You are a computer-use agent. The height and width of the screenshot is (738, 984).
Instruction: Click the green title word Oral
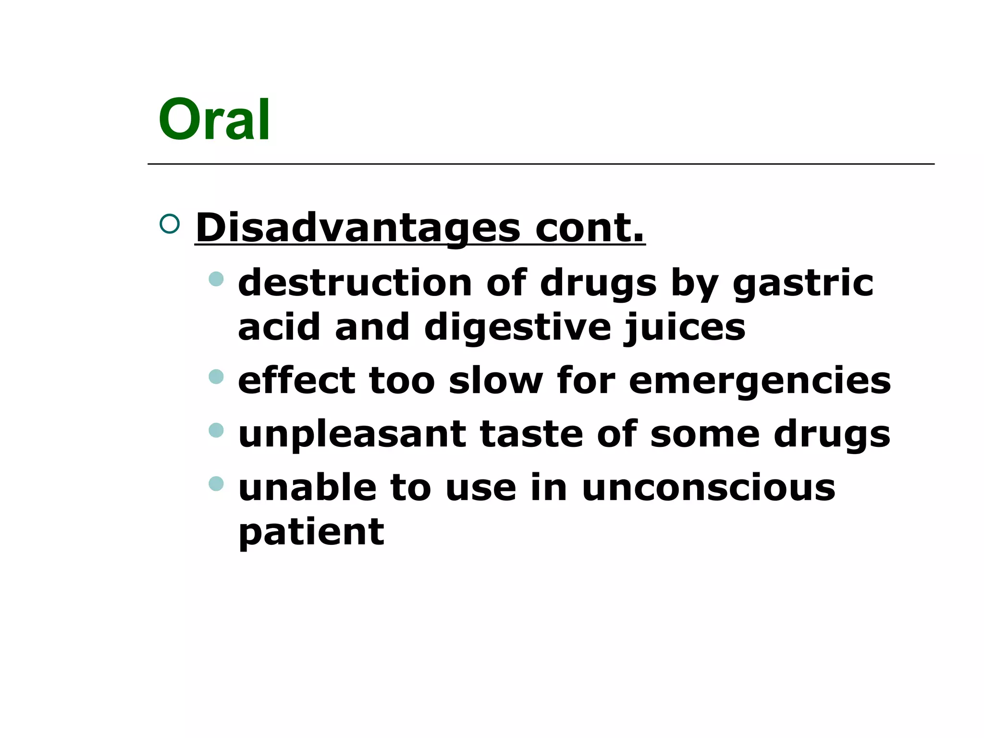pos(214,120)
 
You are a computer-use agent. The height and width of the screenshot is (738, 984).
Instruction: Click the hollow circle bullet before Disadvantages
pos(170,224)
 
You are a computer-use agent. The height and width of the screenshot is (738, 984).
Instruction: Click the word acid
pos(279,327)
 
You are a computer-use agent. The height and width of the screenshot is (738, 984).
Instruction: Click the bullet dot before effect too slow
pos(216,376)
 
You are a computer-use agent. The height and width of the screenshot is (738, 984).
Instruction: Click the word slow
pos(495,381)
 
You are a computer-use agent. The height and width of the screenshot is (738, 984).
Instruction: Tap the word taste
pos(531,434)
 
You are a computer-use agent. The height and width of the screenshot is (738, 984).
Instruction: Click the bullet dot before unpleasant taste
pos(216,430)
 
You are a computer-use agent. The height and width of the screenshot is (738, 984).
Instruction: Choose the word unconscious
pos(708,488)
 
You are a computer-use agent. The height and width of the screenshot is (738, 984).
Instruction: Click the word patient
pos(311,533)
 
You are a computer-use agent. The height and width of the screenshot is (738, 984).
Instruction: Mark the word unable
pos(307,488)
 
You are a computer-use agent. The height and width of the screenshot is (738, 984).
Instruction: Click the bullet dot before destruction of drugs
pos(216,279)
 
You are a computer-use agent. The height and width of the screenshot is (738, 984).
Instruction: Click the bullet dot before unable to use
pos(216,483)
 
